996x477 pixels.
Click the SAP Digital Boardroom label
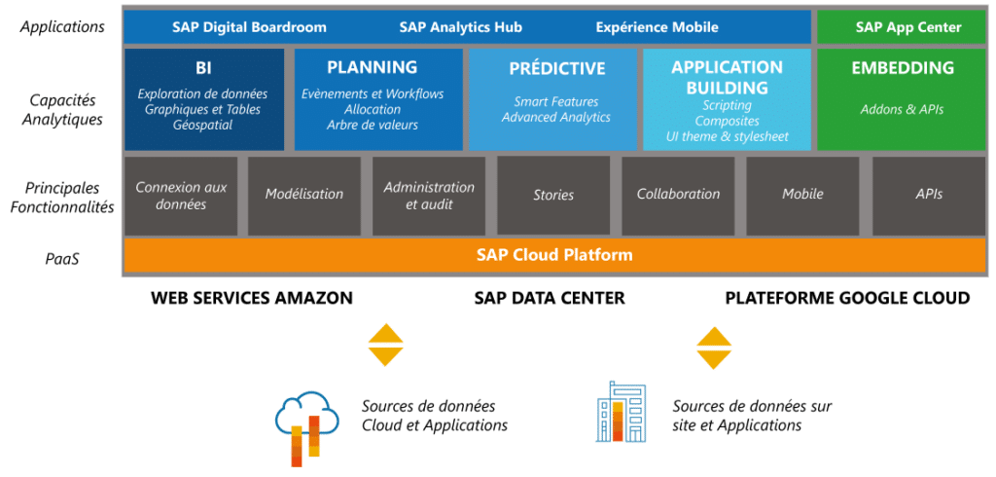[x=249, y=27]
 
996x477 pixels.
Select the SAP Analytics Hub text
[x=460, y=27]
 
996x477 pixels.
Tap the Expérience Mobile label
[x=657, y=27]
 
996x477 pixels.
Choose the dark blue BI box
[x=204, y=99]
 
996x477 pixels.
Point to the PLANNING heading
[x=373, y=68]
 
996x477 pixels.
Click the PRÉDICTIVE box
[x=556, y=99]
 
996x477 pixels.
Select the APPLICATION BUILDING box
[x=727, y=99]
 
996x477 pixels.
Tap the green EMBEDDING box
[x=902, y=99]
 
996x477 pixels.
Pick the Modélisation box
[x=304, y=195]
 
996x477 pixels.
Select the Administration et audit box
[x=429, y=195]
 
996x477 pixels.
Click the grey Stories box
[x=553, y=195]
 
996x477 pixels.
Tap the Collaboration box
[x=678, y=195]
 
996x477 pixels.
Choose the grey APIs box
[x=929, y=195]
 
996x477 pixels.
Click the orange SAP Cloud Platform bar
[x=554, y=256]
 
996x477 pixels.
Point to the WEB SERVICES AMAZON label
[x=251, y=298]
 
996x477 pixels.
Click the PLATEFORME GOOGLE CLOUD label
[x=847, y=298]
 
